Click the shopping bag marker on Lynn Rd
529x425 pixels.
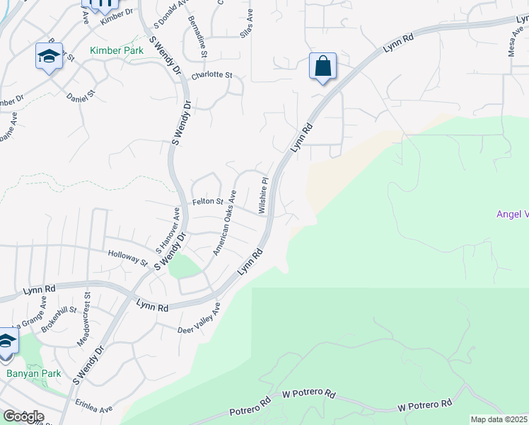pos(322,67)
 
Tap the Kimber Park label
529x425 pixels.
pos(117,51)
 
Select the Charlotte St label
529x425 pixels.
pos(212,74)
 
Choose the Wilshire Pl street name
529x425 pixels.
pos(263,195)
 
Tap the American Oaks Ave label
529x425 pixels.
pos(226,222)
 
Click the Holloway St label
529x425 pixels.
pos(127,258)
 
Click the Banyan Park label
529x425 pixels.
pos(33,373)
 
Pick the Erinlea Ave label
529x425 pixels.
pos(96,409)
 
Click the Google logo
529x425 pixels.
pos(23,416)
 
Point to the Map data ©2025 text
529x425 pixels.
pos(499,419)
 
